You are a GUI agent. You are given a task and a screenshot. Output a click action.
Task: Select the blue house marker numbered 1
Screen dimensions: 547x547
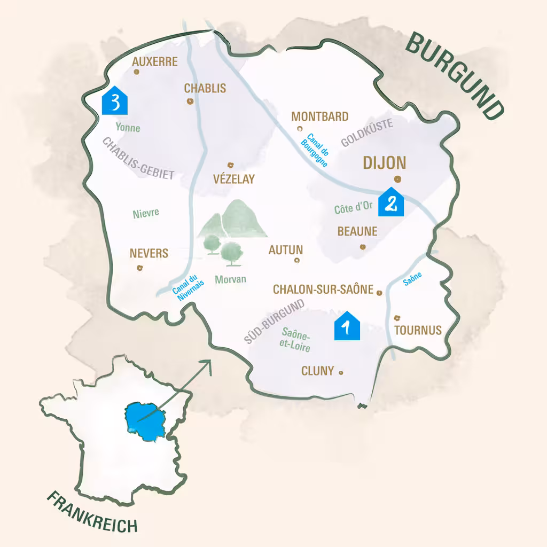[347, 325]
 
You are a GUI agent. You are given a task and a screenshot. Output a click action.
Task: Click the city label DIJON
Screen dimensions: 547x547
[385, 163]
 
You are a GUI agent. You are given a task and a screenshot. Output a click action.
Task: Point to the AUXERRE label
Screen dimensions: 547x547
[154, 62]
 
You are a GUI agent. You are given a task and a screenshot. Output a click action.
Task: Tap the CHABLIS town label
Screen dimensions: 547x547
[205, 89]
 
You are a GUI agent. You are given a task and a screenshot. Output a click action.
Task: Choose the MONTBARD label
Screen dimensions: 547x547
[319, 116]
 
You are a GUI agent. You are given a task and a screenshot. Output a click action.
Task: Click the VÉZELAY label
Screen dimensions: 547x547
[234, 179]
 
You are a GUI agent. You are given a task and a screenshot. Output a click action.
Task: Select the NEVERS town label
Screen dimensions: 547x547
[149, 253]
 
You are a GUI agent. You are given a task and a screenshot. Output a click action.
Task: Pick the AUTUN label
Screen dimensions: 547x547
[286, 249]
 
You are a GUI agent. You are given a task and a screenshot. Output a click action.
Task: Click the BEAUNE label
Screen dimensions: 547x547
[357, 232]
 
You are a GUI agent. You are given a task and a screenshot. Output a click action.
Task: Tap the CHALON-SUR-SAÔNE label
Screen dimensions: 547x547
[323, 290]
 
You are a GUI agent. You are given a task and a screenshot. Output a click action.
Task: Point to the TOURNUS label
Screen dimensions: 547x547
[418, 330]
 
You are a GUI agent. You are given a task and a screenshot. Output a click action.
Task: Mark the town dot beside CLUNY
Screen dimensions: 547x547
[341, 373]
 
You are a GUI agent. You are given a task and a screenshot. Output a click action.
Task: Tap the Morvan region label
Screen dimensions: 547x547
[230, 279]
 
